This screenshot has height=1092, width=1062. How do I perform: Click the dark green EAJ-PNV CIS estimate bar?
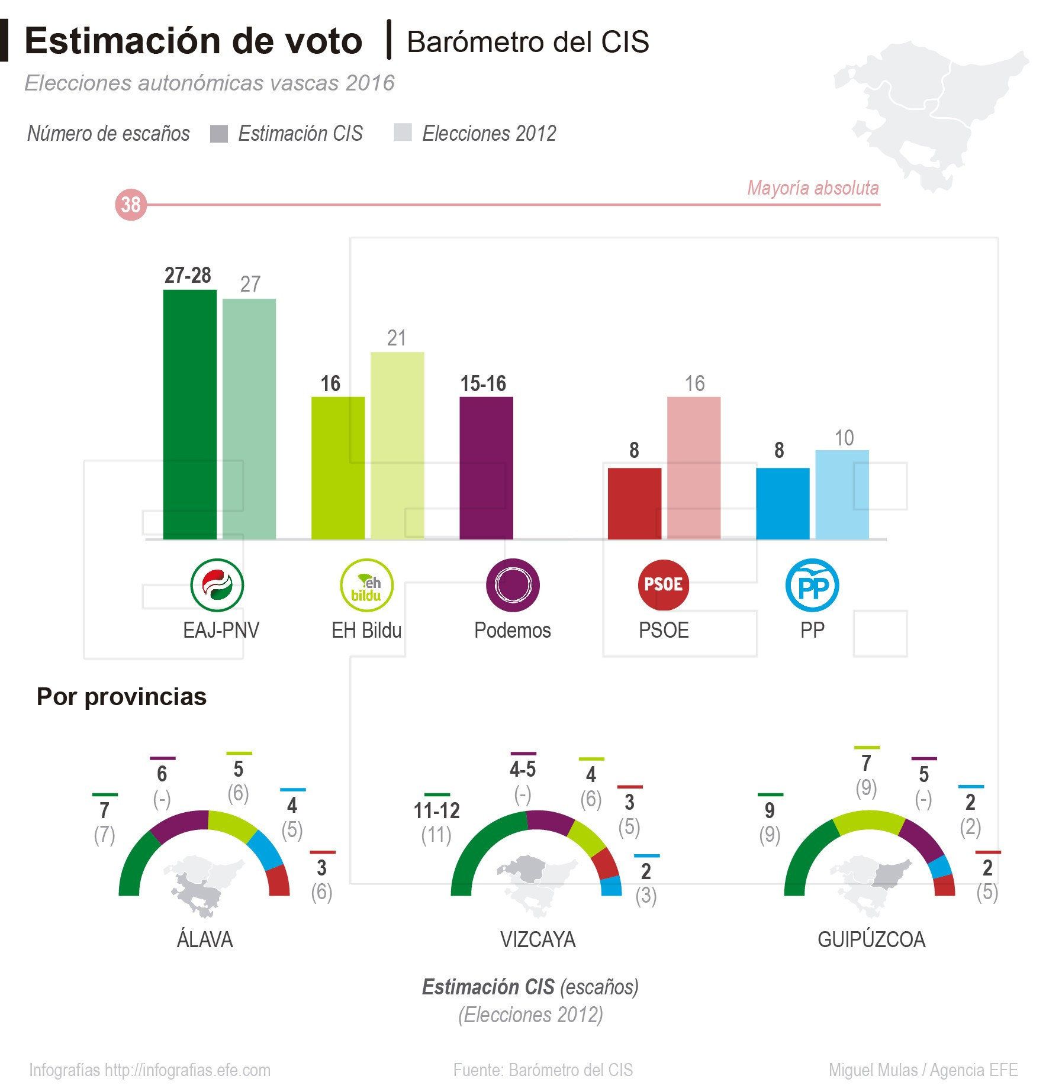189,414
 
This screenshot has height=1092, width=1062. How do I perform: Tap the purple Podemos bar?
486,467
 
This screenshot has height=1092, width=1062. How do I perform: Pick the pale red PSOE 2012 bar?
694,467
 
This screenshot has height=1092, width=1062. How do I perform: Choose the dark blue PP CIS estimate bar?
783,503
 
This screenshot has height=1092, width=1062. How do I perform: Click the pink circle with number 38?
130,205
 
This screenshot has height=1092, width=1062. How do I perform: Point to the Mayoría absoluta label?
813,188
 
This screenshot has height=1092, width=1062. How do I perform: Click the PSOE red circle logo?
664,584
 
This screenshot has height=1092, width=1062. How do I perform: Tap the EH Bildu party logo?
366,584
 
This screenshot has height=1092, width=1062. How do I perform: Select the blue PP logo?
812,584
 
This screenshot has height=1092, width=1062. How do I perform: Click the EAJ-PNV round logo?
217,584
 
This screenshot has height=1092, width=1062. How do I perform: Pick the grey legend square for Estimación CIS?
219,134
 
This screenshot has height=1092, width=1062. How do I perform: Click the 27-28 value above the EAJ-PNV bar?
188,276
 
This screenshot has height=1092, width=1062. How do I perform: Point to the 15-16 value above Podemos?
483,384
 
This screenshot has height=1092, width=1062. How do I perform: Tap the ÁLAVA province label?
205,939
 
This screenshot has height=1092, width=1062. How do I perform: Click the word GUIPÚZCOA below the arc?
871,939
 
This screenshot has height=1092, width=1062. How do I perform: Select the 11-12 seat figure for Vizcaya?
436,810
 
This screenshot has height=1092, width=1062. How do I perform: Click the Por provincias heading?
121,697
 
